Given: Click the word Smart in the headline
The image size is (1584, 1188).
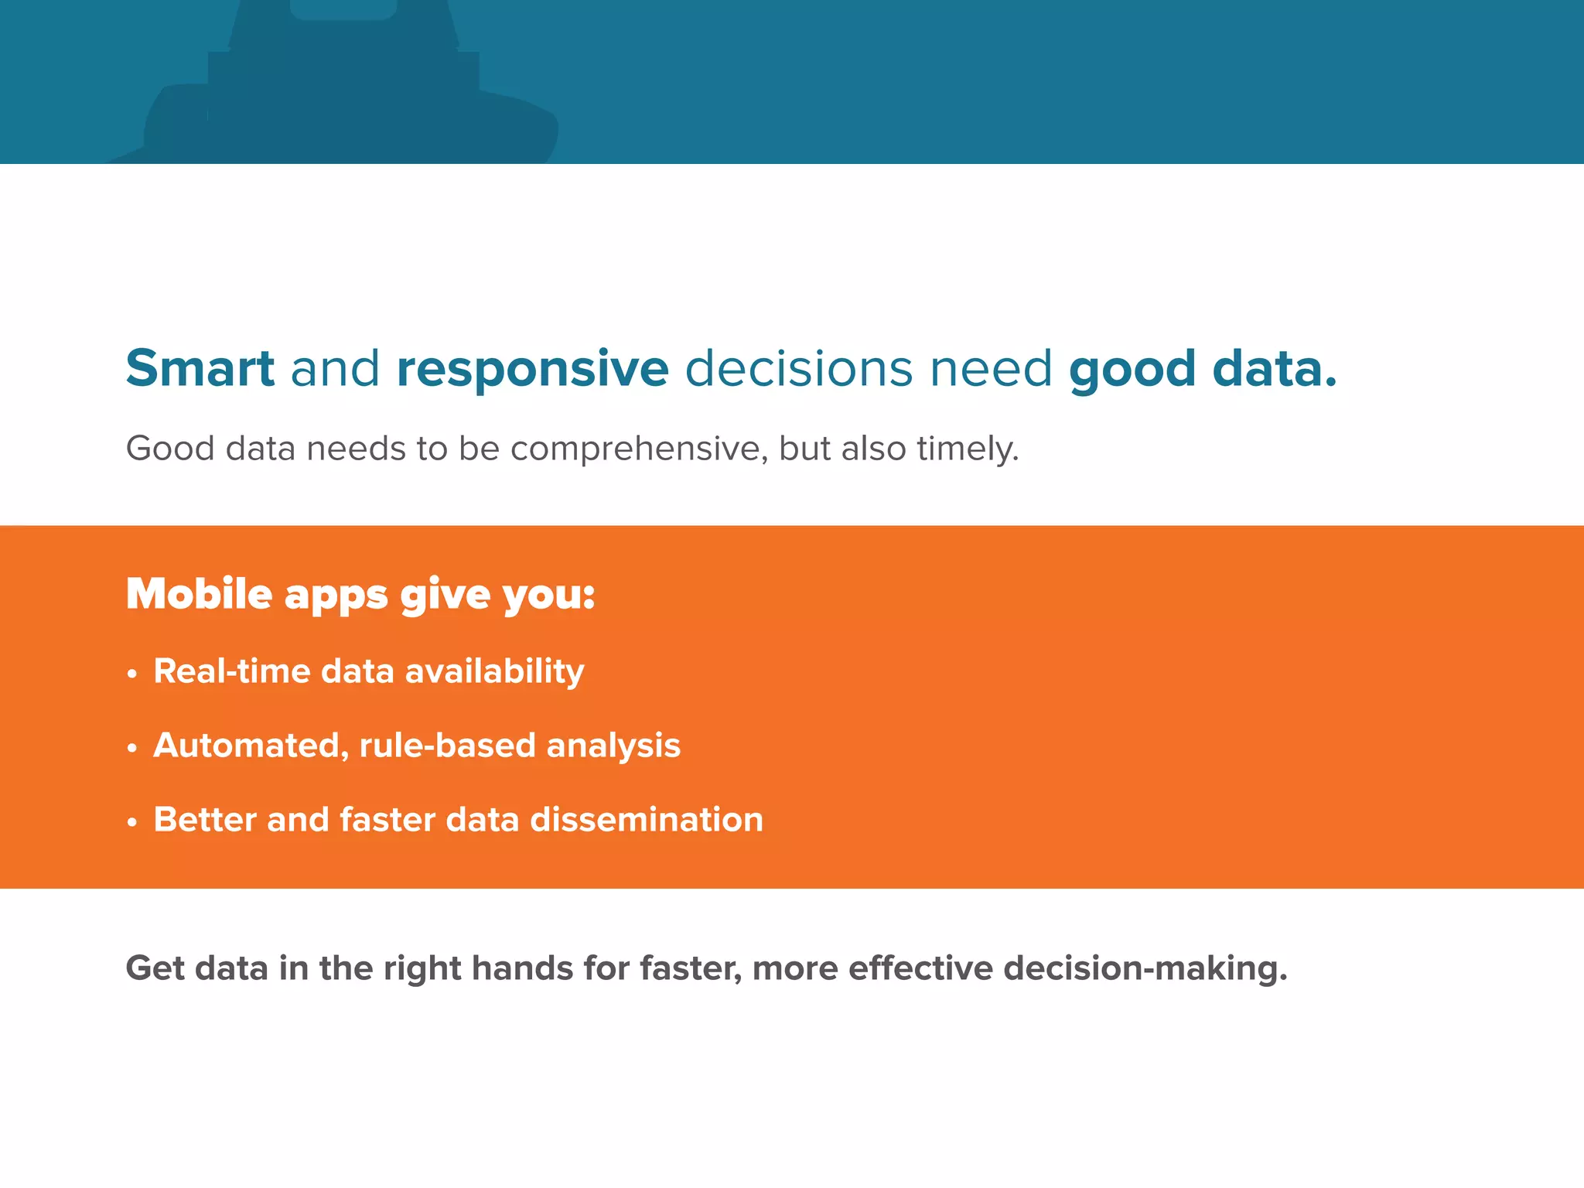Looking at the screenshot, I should point(200,368).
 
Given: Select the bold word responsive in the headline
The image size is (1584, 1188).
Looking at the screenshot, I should point(532,368).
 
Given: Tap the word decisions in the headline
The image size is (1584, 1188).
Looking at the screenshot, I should point(798,368).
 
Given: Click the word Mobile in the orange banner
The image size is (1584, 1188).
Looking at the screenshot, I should point(199,594).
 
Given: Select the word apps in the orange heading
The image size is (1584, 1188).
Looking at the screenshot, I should point(336,596).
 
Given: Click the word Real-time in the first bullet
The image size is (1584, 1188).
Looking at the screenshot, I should point(232,671).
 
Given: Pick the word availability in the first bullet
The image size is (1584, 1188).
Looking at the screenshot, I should point(495,671).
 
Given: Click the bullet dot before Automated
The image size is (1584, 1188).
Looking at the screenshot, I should point(132,749).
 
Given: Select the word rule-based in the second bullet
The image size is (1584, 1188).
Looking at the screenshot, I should point(447,746).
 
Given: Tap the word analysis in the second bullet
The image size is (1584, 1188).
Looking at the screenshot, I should point(613,746).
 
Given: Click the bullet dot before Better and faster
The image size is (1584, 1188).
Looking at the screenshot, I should point(132,823).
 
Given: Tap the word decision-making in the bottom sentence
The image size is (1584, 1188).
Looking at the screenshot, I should point(1145,968).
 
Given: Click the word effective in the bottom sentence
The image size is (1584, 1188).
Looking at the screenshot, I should point(920,968).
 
